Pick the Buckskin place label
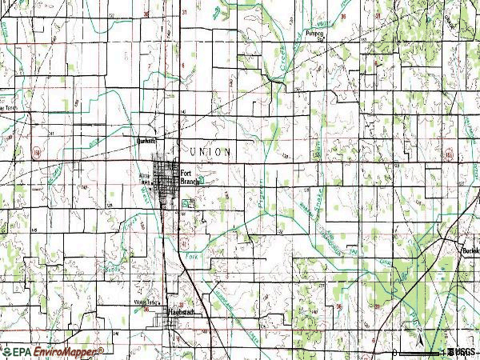click(470, 250)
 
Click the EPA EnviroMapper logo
click(53, 352)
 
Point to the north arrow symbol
click(418, 329)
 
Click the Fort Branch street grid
click(168, 180)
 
